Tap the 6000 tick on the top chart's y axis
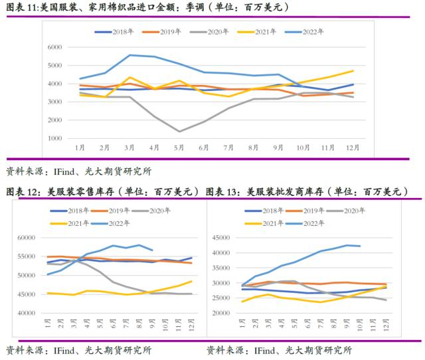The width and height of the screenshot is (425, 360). [55, 47]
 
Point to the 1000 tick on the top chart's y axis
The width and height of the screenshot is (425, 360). [55, 137]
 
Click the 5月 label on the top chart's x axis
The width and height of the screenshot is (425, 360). [179, 147]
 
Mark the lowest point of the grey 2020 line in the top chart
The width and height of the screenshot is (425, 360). [179, 132]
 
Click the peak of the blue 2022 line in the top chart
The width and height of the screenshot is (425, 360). [129, 55]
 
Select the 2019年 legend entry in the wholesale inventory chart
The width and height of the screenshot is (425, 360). [317, 211]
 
